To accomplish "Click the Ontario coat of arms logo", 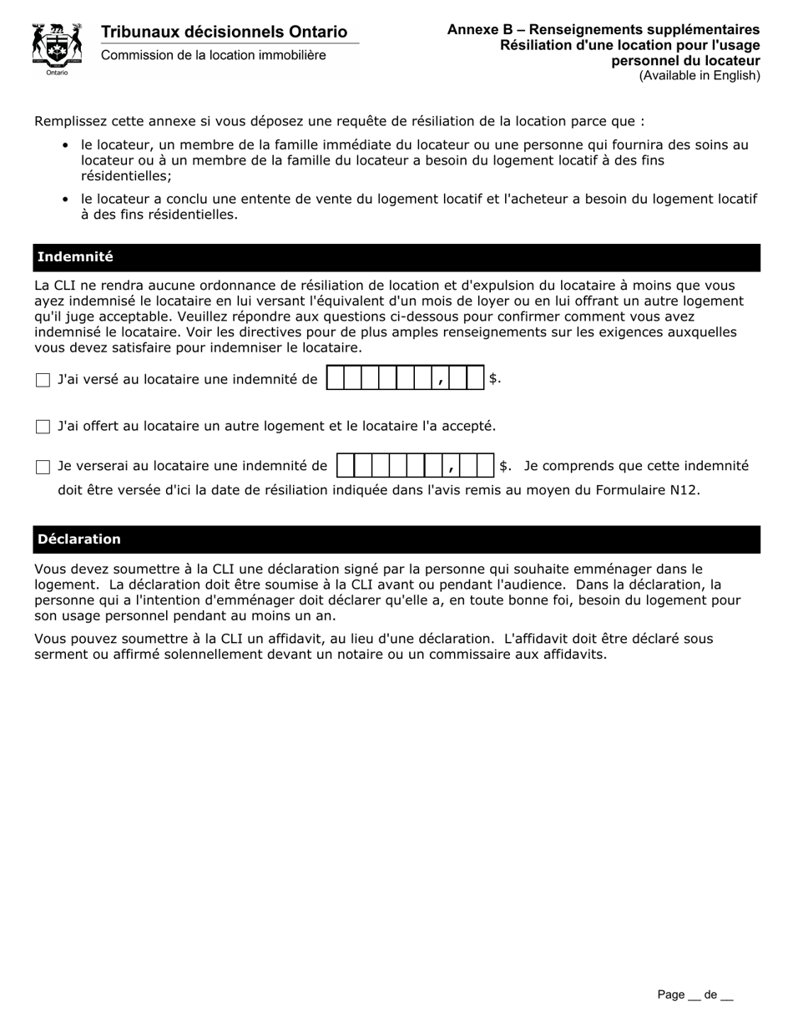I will (x=57, y=47).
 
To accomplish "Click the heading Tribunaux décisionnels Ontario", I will (x=224, y=32).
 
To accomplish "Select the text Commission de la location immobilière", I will (x=214, y=55).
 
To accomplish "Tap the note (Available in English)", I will (x=700, y=76).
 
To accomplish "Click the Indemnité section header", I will (x=75, y=257).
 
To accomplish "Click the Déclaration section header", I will (x=79, y=539).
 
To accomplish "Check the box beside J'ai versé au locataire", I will (x=43, y=381).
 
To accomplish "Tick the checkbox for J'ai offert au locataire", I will (x=43, y=427).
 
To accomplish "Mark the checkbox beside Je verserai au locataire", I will (x=43, y=468).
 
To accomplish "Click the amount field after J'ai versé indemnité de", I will (x=405, y=379).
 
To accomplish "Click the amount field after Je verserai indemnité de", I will (x=416, y=466).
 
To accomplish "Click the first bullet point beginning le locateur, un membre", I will (x=414, y=159).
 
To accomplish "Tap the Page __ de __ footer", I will (x=695, y=994).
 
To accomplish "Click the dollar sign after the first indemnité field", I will (x=493, y=379).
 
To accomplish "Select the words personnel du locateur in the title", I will (x=684, y=61).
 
